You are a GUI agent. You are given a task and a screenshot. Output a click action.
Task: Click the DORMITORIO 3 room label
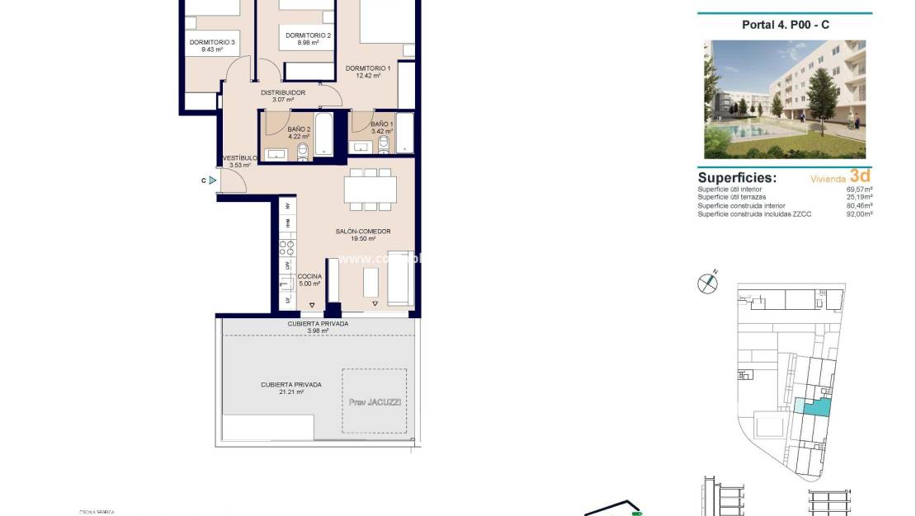click(212, 43)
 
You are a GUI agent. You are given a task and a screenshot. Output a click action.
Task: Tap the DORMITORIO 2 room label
click(308, 35)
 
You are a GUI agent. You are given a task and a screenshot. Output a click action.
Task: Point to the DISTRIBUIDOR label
click(283, 93)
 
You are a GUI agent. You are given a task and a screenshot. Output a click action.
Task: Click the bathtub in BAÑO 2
click(323, 134)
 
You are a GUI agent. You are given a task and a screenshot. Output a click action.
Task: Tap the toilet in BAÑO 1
click(383, 146)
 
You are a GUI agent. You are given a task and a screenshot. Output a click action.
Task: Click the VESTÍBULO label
click(239, 158)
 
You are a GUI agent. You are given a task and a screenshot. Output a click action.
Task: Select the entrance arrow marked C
click(213, 180)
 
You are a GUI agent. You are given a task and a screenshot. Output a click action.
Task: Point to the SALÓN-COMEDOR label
click(362, 232)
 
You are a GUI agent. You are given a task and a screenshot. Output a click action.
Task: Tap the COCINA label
click(310, 277)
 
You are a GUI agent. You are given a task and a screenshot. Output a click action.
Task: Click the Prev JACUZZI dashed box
click(374, 401)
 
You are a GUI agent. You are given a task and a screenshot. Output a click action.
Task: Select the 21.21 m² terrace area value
click(290, 392)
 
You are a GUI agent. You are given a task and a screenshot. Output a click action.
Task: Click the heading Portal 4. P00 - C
click(785, 25)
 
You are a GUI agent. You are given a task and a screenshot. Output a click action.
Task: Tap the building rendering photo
click(785, 99)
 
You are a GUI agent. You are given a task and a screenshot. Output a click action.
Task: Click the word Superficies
click(737, 177)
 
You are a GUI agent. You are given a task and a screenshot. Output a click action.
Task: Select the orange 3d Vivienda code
click(860, 176)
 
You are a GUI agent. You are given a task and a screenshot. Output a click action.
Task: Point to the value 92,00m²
click(859, 213)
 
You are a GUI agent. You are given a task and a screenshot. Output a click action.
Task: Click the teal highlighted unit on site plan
click(814, 406)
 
